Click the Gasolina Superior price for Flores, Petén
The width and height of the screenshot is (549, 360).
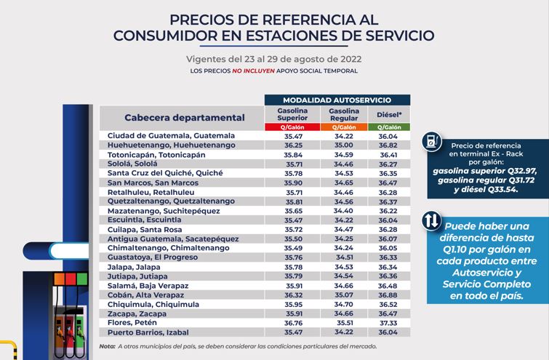pos(293,323)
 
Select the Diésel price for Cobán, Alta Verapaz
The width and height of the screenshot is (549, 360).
pos(388,295)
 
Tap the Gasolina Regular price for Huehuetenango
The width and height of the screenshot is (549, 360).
pos(343,145)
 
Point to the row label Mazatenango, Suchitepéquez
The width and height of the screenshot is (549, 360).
pos(164,211)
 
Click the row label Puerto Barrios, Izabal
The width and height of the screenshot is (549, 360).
pos(148,332)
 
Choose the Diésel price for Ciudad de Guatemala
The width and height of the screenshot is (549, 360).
pos(388,136)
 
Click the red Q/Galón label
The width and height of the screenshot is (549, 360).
pos(292,127)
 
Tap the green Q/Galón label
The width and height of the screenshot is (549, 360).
pos(389,127)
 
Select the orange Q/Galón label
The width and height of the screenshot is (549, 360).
pos(344,127)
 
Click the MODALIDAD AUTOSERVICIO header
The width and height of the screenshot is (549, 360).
pos(337,100)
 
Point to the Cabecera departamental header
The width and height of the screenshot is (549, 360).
pos(185,118)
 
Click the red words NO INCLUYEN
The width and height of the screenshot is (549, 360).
pos(254,71)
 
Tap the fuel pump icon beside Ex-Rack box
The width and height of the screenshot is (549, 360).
pos(431,141)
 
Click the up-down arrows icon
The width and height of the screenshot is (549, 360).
pos(431,220)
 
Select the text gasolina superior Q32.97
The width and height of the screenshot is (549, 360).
pos(484,171)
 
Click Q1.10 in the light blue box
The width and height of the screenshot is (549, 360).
pos(454,249)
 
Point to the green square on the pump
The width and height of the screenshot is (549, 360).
pos(82,279)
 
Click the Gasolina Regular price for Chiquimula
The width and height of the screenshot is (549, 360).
pos(343,304)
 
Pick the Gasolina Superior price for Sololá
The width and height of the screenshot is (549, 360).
pos(294,164)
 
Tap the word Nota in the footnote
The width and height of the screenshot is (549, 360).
pos(107,346)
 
